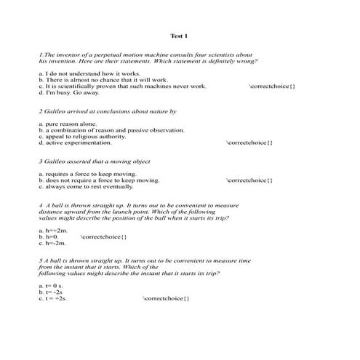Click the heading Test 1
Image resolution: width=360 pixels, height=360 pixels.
pyautogui.click(x=179, y=36)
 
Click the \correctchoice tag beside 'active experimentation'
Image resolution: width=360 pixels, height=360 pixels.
pyautogui.click(x=249, y=143)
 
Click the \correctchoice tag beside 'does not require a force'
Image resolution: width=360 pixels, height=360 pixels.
pyautogui.click(x=249, y=180)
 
